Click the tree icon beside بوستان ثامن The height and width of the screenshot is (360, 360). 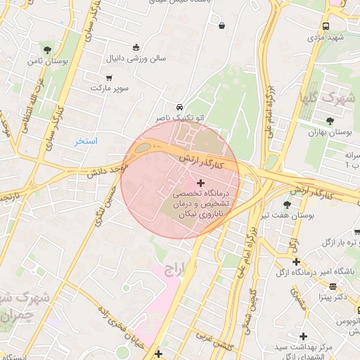[46, 49]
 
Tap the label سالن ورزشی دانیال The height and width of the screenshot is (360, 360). [136, 58]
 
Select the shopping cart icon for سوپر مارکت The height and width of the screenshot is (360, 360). [109, 77]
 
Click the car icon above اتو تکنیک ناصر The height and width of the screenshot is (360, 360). [181, 107]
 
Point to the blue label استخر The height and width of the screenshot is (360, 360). [86, 141]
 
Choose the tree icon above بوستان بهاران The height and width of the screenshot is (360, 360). [330, 120]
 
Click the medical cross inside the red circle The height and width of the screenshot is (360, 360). [200, 183]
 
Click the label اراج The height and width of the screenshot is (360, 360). [172, 269]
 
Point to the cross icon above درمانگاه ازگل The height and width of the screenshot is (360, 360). [296, 262]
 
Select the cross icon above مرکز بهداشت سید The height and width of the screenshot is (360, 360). [304, 337]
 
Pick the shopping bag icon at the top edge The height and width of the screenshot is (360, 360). [222, 26]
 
